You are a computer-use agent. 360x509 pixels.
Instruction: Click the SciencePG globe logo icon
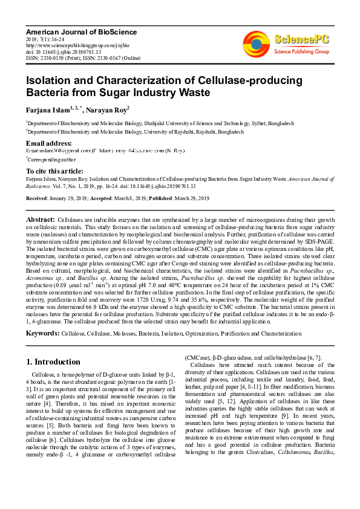[257, 42]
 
